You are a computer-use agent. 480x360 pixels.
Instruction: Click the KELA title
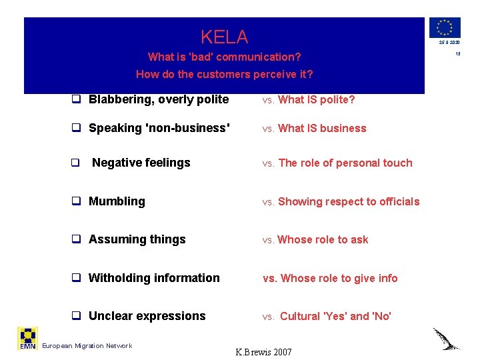[224, 37]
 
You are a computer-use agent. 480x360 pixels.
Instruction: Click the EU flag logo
[445, 27]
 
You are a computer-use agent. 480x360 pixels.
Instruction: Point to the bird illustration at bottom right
[446, 339]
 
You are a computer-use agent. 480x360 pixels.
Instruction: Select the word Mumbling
[117, 201]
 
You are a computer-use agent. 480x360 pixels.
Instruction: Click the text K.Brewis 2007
[264, 351]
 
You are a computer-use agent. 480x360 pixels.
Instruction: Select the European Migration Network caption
[87, 345]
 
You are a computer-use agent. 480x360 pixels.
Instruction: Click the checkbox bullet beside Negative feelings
[76, 163]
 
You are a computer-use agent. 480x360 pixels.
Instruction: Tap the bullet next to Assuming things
[76, 240]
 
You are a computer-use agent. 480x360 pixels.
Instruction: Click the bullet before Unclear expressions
[76, 317]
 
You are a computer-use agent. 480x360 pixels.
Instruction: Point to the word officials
[400, 201]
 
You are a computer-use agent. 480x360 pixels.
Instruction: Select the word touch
[398, 163]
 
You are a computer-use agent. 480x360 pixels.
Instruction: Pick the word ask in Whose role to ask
[359, 240]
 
